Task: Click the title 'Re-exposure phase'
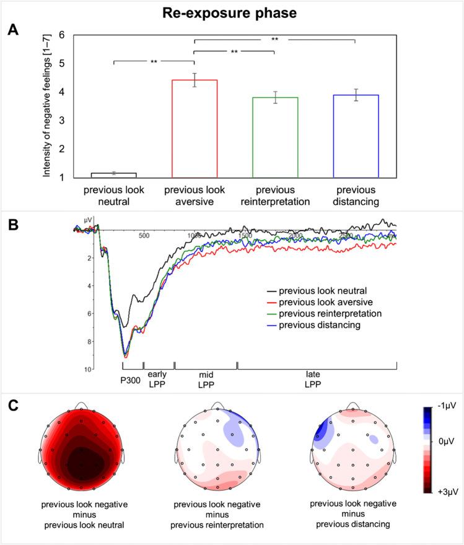click(232, 12)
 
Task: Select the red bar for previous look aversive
click(195, 129)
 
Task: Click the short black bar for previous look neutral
click(115, 175)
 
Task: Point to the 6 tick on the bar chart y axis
click(61, 35)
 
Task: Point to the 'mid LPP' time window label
click(205, 379)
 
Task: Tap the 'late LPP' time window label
click(316, 379)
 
